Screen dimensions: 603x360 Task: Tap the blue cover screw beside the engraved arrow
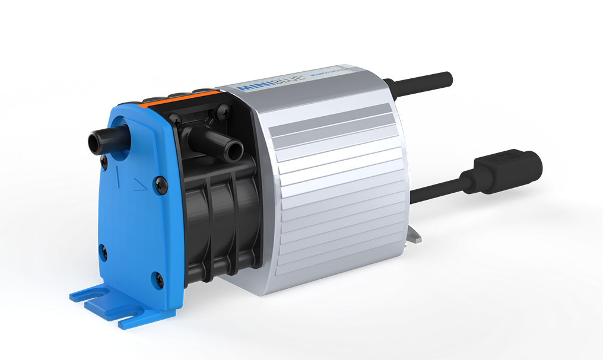(159, 186)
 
